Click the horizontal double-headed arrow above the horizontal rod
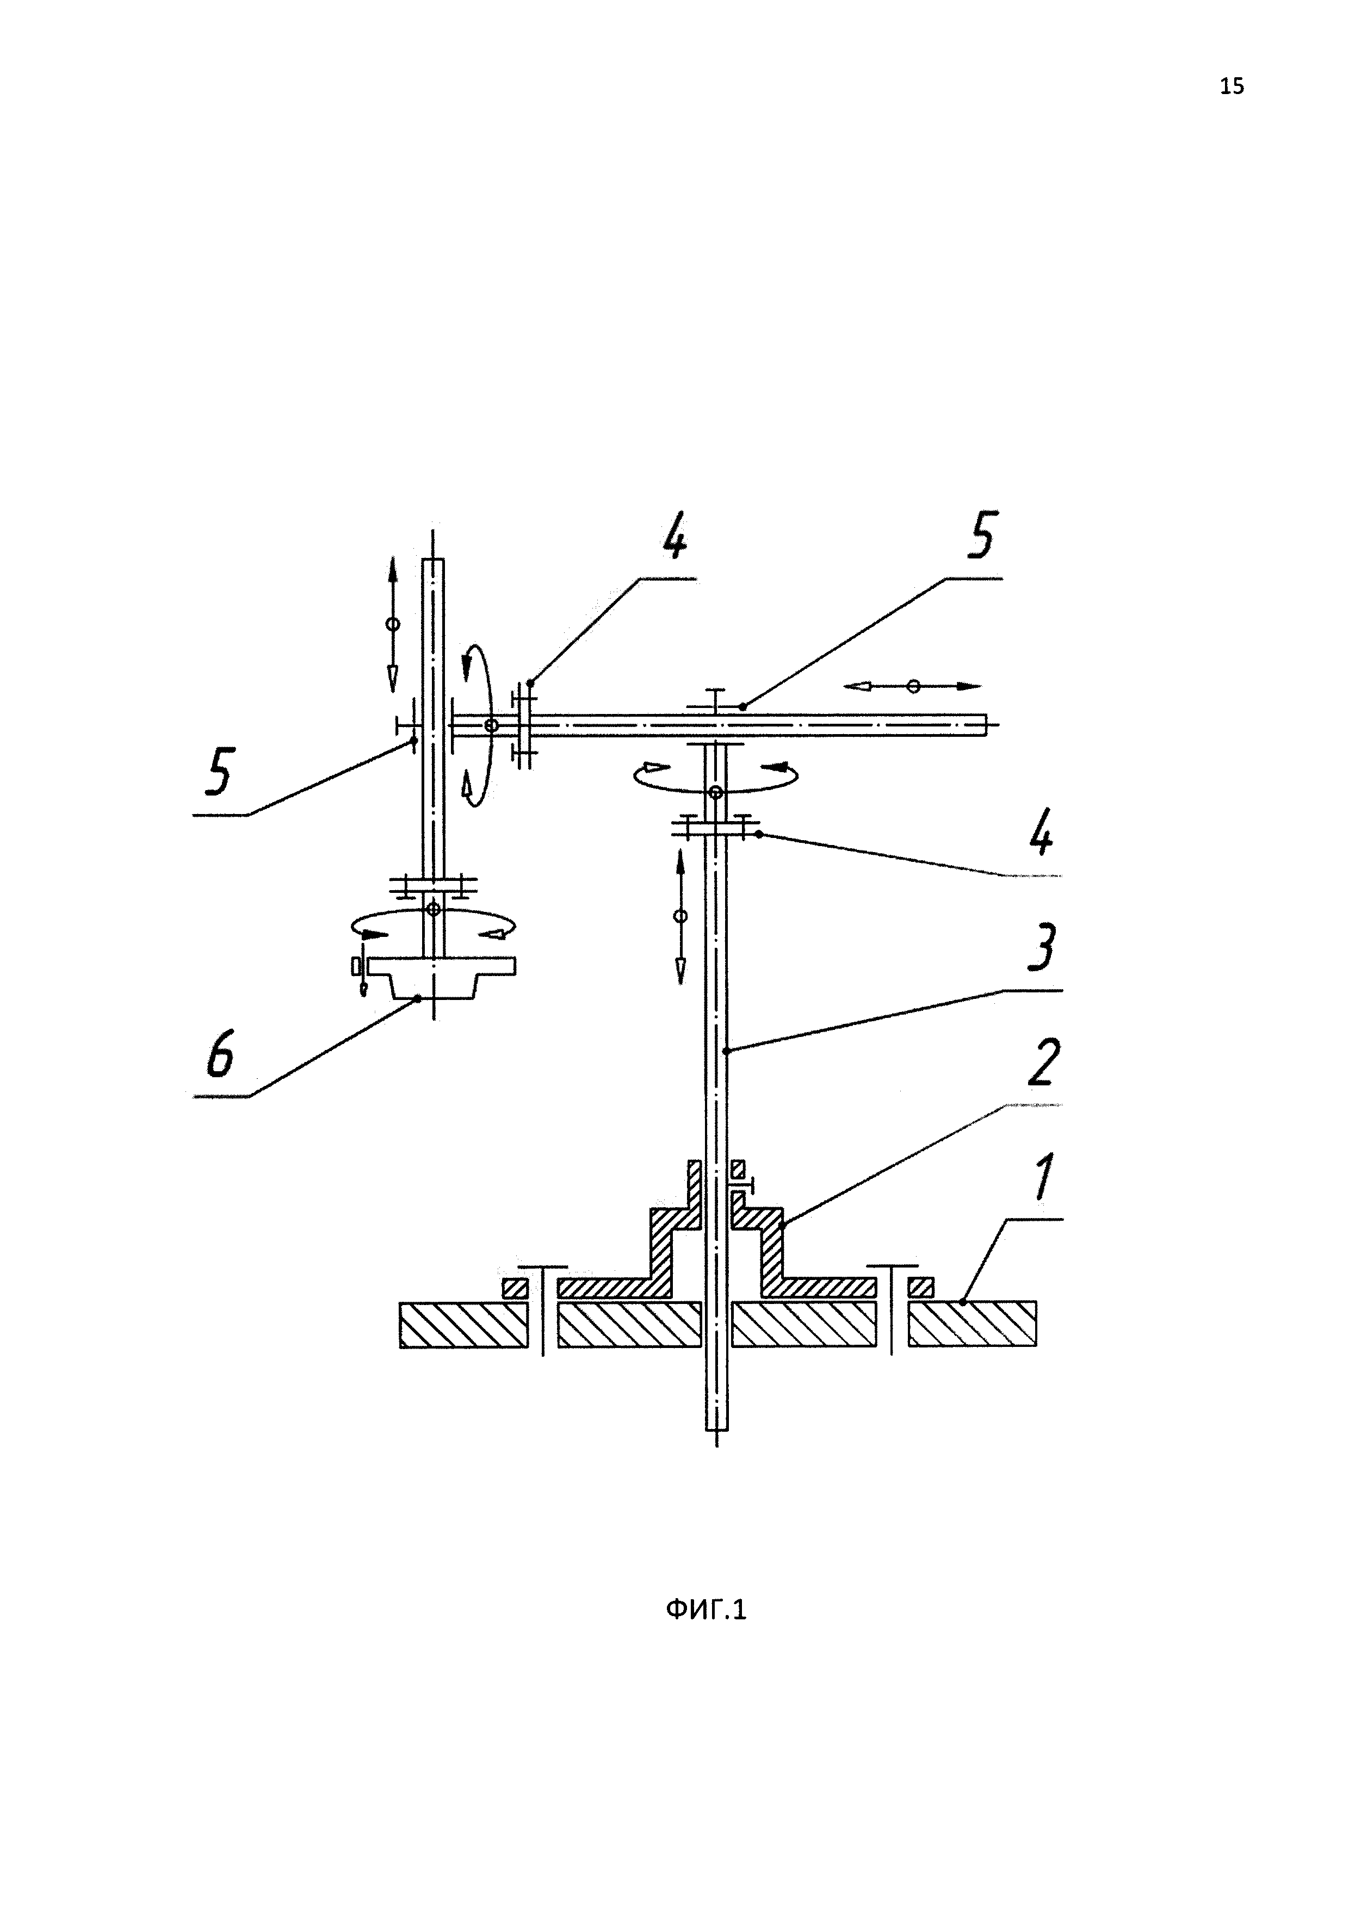[913, 686]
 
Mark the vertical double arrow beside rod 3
[680, 916]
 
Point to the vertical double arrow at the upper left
[393, 624]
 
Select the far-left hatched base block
[463, 1324]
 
